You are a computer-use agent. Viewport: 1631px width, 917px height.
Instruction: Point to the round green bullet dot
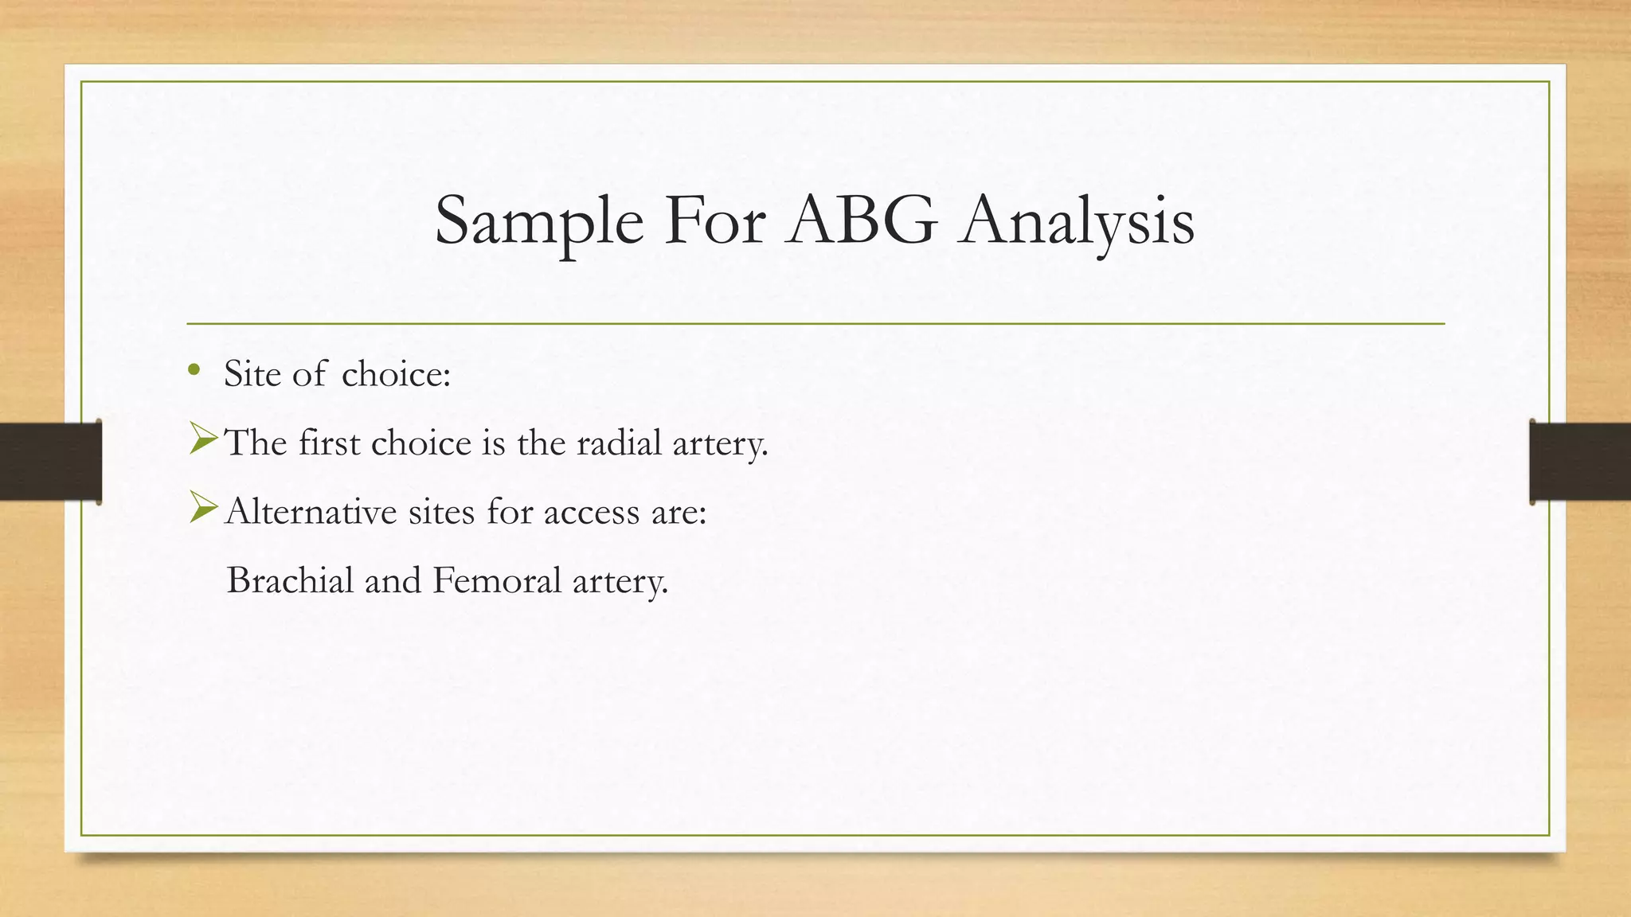[194, 369]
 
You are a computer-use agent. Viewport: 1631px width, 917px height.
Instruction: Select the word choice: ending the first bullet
[396, 373]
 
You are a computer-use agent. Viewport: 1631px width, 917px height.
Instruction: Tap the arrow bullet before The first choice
[204, 439]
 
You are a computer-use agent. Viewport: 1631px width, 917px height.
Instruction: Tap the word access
[592, 512]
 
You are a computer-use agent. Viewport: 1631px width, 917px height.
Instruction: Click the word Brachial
[290, 580]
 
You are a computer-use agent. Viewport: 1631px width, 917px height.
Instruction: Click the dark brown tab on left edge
[50, 462]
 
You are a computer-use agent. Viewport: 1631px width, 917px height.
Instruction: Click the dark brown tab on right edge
[1579, 462]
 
